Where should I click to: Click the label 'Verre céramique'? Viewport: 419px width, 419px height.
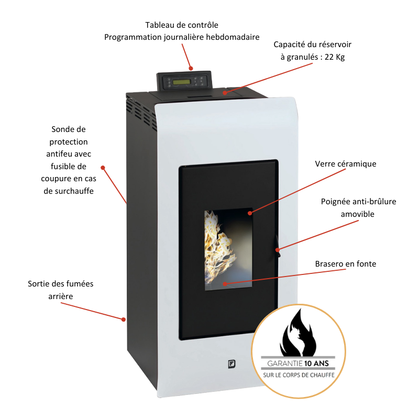coord(346,164)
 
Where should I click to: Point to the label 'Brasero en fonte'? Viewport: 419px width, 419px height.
coord(346,264)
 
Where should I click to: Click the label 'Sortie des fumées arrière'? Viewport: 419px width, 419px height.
coord(61,290)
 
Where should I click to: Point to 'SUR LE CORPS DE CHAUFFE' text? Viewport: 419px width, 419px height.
coord(299,375)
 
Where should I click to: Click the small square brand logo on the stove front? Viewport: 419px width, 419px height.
coord(230,363)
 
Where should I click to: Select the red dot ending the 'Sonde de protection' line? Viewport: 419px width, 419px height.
coord(103,168)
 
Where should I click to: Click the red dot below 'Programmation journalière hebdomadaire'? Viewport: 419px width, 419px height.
coord(191,68)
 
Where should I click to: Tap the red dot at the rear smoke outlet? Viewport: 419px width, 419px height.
coord(124,319)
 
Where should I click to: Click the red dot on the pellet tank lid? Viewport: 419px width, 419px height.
coord(225,93)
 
